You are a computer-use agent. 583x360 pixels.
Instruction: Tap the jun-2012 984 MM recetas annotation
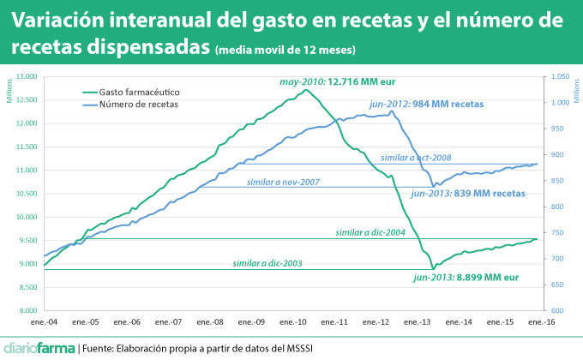pos(425,104)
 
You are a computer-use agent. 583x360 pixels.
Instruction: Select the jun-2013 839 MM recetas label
pos(466,195)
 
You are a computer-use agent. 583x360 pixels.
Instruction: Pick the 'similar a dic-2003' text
pos(267,263)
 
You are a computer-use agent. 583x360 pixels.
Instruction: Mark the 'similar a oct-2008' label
pos(415,158)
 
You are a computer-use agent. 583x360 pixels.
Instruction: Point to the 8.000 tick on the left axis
pos(29,310)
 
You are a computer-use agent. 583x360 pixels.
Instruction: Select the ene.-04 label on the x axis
pos(44,322)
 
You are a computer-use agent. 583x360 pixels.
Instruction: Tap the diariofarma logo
pos(38,348)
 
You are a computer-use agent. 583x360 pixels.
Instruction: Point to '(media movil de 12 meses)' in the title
pos(286,50)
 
